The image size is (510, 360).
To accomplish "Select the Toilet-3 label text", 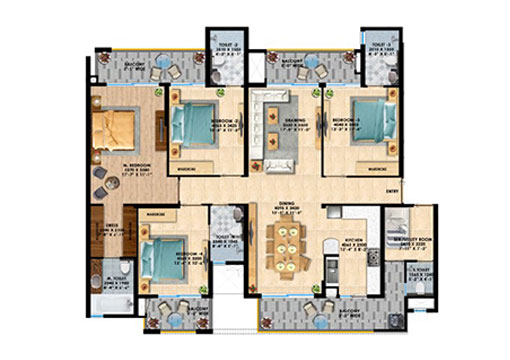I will (x=378, y=45).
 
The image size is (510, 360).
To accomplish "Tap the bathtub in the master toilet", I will (x=105, y=302).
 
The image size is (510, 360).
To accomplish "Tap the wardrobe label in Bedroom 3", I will (x=376, y=171).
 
